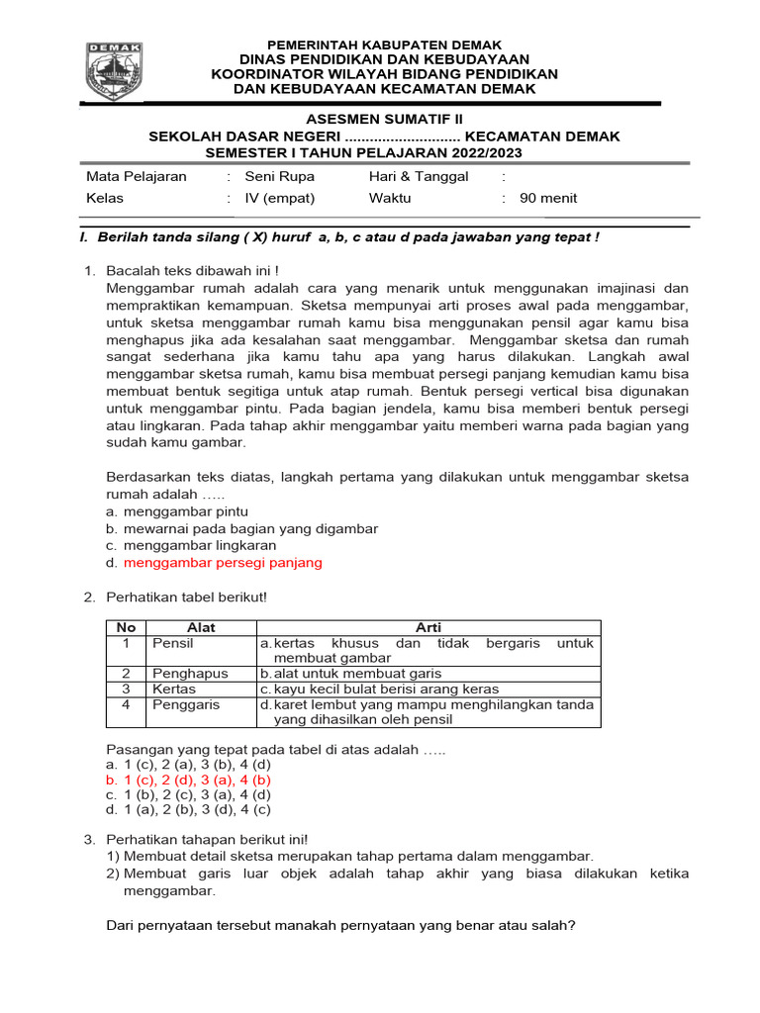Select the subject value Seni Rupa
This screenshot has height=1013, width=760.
(x=279, y=176)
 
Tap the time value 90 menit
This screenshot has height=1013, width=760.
(x=548, y=198)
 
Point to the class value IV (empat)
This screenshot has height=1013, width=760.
(x=280, y=198)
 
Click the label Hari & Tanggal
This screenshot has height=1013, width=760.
(x=419, y=176)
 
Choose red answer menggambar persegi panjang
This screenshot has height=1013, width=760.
(x=223, y=563)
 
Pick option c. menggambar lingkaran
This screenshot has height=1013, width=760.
(x=198, y=545)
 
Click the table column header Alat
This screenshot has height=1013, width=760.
(x=201, y=627)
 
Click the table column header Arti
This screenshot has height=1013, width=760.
(x=428, y=627)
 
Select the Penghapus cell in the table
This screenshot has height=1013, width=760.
(x=189, y=673)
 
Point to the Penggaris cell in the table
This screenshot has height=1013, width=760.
(x=187, y=704)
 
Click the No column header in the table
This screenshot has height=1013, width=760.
(x=126, y=627)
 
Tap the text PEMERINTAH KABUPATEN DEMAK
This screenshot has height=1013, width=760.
(x=384, y=45)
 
